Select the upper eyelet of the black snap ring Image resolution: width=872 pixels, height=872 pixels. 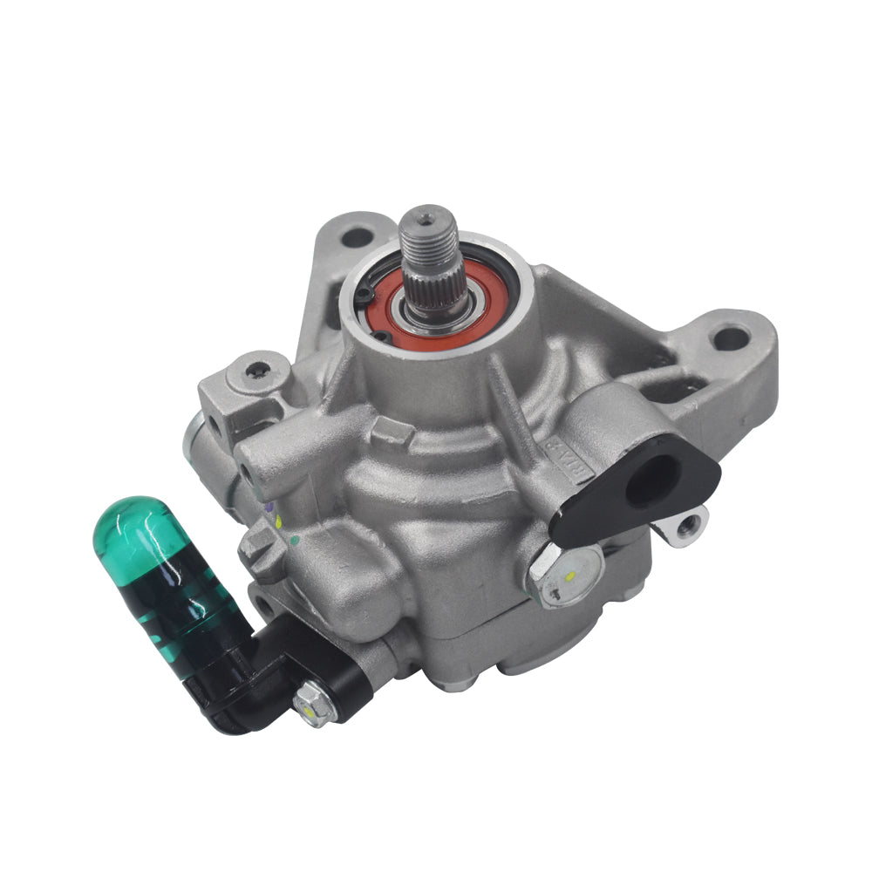click(x=363, y=296)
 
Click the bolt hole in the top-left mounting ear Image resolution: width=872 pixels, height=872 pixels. click(x=356, y=236)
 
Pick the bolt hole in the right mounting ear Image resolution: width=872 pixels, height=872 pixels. click(x=730, y=337)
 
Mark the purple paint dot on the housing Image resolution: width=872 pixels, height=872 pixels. click(x=269, y=506)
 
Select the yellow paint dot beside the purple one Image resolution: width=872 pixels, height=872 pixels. click(x=278, y=522)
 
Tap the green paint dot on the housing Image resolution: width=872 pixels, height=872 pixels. click(x=294, y=541)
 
